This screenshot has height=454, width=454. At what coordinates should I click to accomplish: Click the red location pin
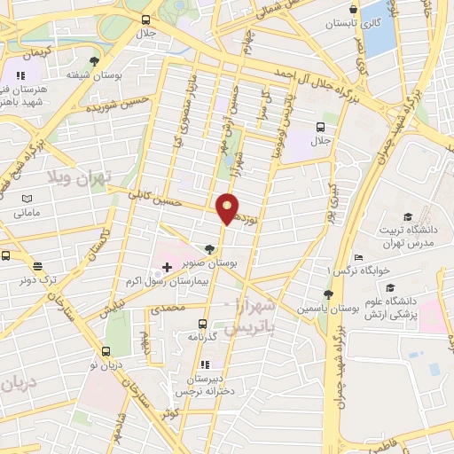pyautogui.click(x=228, y=207)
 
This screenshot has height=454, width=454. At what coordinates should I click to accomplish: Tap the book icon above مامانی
pyautogui.click(x=26, y=198)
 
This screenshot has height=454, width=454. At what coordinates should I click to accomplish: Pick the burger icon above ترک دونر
pyautogui.click(x=37, y=265)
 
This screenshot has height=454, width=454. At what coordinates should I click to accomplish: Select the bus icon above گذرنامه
pyautogui.click(x=203, y=325)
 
